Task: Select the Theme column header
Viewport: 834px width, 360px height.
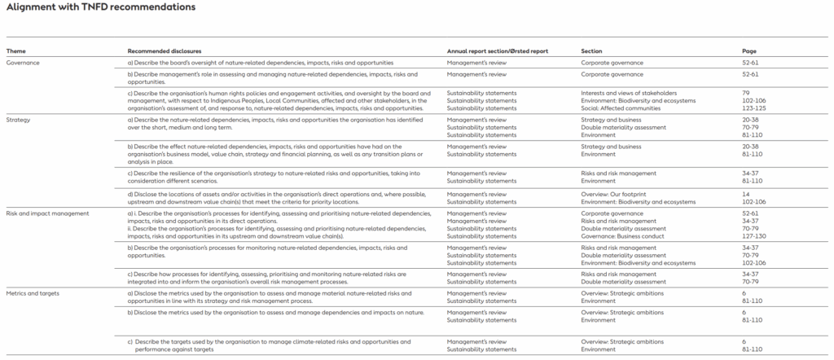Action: coord(16,50)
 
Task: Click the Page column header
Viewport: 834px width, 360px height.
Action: coord(749,50)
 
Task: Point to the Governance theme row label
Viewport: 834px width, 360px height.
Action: coord(23,62)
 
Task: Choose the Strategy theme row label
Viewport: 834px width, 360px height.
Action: coord(19,120)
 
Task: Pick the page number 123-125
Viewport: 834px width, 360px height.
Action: coord(753,108)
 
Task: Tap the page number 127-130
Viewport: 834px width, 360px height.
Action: coord(753,237)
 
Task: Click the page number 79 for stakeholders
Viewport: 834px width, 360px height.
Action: coord(746,93)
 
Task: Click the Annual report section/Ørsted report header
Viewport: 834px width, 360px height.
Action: coord(497,50)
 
